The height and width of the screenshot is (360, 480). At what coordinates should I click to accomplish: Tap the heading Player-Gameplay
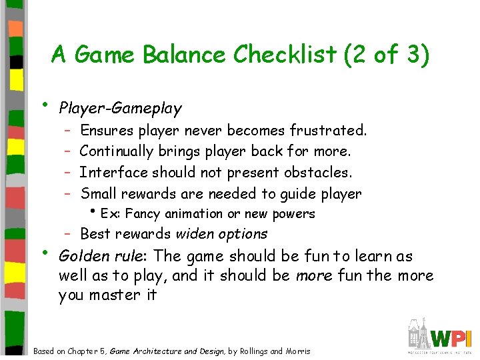[120, 107]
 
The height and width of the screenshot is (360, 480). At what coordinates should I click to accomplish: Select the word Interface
[113, 172]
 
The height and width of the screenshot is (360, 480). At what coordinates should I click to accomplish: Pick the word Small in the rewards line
[99, 193]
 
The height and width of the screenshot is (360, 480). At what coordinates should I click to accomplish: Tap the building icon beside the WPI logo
[418, 334]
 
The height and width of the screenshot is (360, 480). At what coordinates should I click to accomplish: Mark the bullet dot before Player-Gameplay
[43, 105]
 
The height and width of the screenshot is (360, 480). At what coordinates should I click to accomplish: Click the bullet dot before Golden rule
[43, 253]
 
